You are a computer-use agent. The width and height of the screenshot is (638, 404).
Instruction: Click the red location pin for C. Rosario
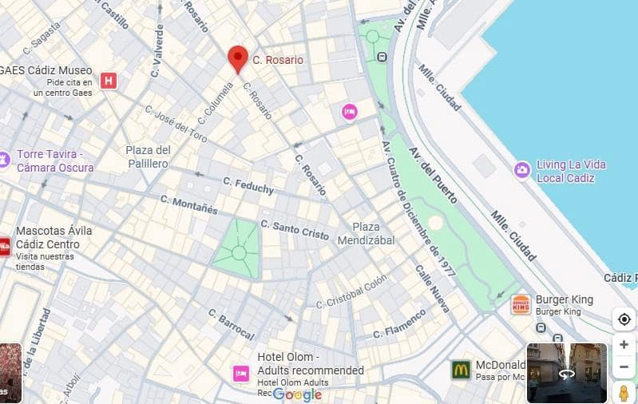pyautogui.click(x=237, y=58)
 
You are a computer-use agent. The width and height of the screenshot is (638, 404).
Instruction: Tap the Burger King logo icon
pyautogui.click(x=521, y=304)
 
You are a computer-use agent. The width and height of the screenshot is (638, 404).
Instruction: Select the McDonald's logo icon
pyautogui.click(x=460, y=370)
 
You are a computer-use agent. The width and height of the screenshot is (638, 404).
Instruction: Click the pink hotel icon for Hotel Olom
pyautogui.click(x=241, y=373)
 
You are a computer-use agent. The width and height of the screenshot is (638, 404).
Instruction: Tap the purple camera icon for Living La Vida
pyautogui.click(x=522, y=170)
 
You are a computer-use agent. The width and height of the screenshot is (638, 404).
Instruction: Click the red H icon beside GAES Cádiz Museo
pyautogui.click(x=109, y=81)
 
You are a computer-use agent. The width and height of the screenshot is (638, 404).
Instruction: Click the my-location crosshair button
pyautogui.click(x=624, y=319)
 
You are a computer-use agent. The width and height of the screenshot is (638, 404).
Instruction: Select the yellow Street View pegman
pyautogui.click(x=624, y=392)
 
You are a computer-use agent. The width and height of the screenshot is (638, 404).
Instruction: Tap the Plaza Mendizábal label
pyautogui.click(x=366, y=233)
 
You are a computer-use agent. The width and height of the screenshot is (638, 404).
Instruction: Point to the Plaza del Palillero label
pyautogui.click(x=148, y=156)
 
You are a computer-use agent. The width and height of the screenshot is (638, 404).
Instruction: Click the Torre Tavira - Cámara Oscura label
pyautogui.click(x=55, y=160)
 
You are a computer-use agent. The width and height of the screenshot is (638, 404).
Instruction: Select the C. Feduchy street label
pyautogui.click(x=248, y=185)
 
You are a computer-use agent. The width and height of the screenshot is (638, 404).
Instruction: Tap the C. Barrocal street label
pyautogui.click(x=231, y=323)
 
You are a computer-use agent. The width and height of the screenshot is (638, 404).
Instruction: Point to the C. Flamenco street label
pyautogui.click(x=399, y=323)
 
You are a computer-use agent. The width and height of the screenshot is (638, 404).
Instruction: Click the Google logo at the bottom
pyautogui.click(x=297, y=394)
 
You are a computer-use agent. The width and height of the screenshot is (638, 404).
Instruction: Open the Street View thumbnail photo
pyautogui.click(x=566, y=373)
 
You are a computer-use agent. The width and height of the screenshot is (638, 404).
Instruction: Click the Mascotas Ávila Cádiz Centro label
pyautogui.click(x=53, y=237)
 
